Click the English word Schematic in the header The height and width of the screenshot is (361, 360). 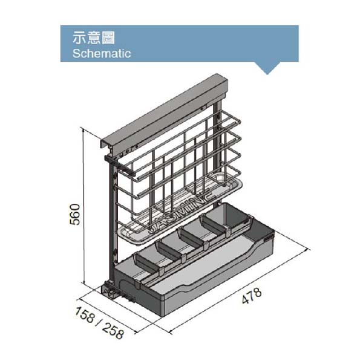(102, 53)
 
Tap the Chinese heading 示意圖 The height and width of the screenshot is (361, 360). (94, 37)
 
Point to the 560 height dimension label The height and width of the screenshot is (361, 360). (75, 214)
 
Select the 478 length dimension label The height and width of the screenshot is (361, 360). (252, 295)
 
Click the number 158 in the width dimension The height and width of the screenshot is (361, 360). (85, 315)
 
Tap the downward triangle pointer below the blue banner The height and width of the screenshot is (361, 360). (267, 68)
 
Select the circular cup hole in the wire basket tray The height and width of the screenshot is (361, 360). (219, 178)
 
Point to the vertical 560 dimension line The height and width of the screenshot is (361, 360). (83, 206)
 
